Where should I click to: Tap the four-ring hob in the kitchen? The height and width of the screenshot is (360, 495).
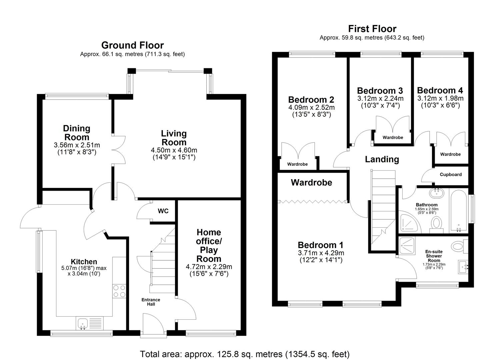119,291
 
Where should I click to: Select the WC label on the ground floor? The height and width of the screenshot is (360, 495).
163,211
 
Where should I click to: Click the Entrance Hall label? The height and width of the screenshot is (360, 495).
151,302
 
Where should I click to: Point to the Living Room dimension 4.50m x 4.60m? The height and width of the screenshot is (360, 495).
174,150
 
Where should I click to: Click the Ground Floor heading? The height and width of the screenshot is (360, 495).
132,45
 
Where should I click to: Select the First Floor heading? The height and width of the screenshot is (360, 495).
372,29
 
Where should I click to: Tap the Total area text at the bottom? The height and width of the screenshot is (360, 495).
245,354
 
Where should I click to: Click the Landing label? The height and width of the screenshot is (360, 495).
382,159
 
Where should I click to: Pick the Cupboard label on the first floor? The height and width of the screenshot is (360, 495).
450,174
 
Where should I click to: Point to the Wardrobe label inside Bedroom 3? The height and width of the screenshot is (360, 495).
393,137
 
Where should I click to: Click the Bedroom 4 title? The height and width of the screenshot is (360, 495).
440,90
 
